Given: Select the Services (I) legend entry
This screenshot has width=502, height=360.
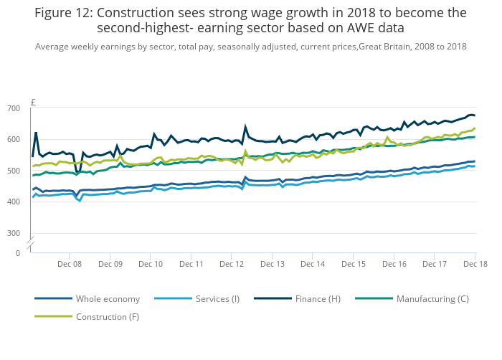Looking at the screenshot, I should click(x=217, y=298).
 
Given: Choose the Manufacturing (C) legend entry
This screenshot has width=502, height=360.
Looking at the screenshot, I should click(x=432, y=298).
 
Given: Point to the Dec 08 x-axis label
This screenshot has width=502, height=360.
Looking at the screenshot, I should click(x=70, y=264).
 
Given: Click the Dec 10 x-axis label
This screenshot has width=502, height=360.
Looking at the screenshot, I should click(x=151, y=264).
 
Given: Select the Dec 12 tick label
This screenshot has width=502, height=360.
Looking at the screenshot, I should click(x=232, y=264).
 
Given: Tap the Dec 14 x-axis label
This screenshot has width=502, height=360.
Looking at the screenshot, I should click(x=313, y=264).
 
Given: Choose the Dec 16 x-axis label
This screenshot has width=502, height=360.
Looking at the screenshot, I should click(x=394, y=264).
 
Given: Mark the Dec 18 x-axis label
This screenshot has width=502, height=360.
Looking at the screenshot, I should click(x=474, y=264).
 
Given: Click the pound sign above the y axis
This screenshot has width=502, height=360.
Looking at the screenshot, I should click(x=33, y=103).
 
